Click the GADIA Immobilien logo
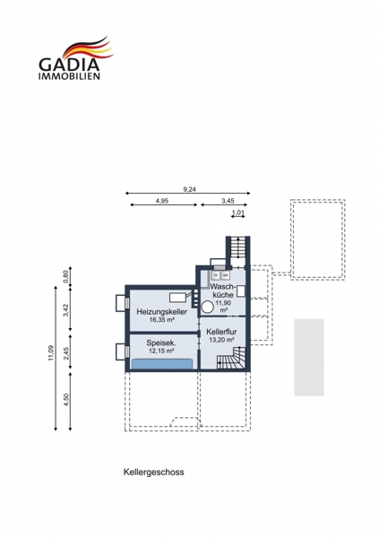[75, 58]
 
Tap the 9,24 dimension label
[189, 189]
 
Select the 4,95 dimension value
[162, 201]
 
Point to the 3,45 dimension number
[228, 201]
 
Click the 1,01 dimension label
[238, 213]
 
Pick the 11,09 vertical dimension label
[51, 352]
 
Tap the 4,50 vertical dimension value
[66, 400]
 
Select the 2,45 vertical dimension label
[66, 353]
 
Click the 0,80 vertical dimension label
[66, 275]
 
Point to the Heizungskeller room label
[162, 312]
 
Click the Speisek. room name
[161, 343]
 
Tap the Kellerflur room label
[221, 332]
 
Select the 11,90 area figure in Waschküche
[223, 303]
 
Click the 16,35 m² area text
[162, 320]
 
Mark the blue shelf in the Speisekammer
[162, 364]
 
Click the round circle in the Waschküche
[207, 307]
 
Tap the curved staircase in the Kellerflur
[231, 358]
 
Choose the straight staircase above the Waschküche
[237, 247]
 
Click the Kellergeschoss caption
[153, 473]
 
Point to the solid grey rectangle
[309, 358]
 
